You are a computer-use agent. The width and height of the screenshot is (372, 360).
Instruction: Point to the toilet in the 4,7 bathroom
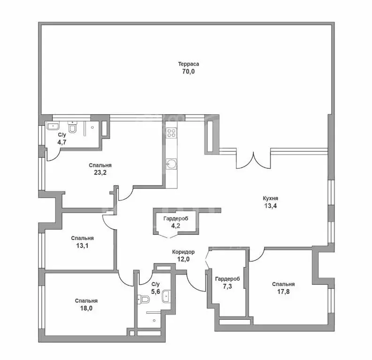click(73, 127)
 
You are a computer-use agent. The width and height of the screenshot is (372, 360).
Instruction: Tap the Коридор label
click(183, 252)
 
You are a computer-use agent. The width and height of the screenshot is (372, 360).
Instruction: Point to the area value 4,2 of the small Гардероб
click(175, 226)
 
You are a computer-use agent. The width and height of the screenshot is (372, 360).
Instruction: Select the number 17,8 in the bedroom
click(283, 291)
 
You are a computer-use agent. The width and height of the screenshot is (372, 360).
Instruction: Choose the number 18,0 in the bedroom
click(86, 308)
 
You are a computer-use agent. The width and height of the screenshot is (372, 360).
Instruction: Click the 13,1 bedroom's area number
click(83, 245)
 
